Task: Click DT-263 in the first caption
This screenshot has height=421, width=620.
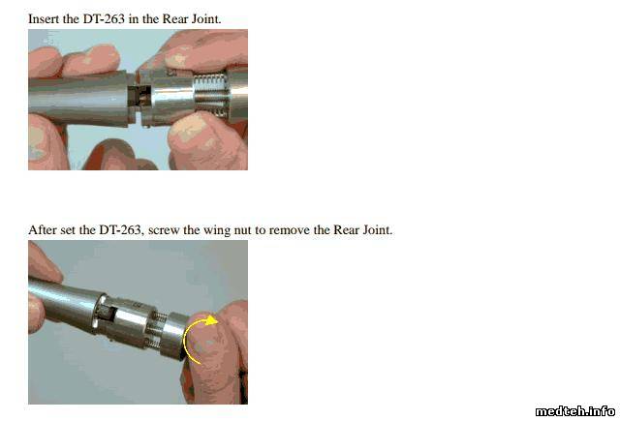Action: click(104, 19)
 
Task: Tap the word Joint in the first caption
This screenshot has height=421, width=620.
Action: click(206, 19)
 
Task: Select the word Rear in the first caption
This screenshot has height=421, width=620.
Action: click(175, 19)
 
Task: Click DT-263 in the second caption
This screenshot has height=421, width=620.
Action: click(120, 229)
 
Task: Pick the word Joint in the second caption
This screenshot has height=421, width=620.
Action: click(377, 229)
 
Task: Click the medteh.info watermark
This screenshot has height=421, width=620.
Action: click(575, 411)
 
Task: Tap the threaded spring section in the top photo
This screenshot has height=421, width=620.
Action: click(211, 95)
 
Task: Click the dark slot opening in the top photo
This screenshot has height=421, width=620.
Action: click(139, 97)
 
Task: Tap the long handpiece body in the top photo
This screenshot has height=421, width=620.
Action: click(79, 99)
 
